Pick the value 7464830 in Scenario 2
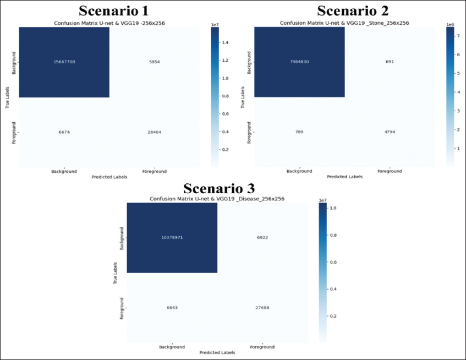pos(300,62)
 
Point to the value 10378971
pos(172,238)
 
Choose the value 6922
pos(262,238)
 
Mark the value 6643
pos(172,308)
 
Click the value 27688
pos(262,308)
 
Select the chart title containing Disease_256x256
pos(217,199)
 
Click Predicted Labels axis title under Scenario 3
pos(217,353)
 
